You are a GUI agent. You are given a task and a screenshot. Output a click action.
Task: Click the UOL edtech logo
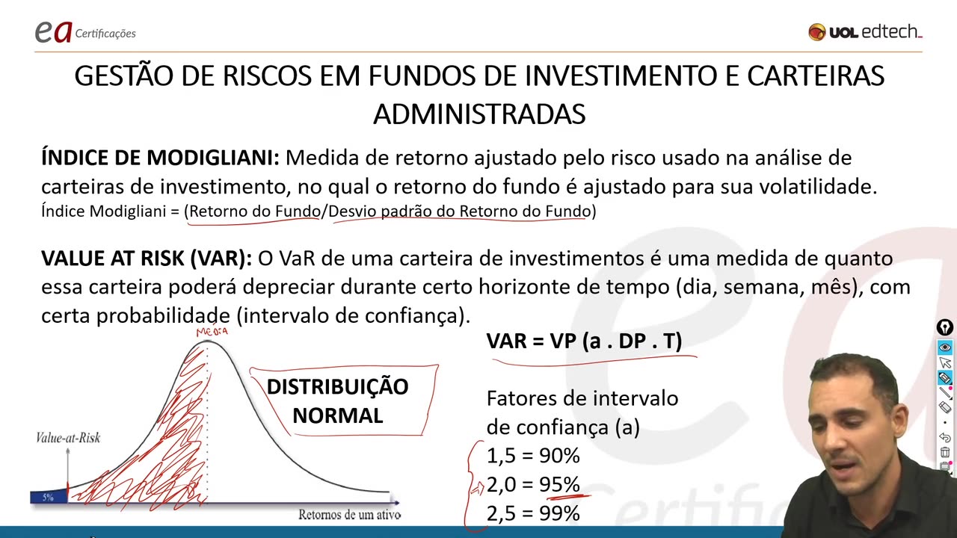(865, 32)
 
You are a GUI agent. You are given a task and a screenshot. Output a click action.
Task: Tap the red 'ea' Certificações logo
(54, 31)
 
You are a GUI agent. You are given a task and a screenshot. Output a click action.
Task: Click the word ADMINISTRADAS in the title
(478, 114)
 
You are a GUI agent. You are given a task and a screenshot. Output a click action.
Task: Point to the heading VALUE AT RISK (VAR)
(147, 259)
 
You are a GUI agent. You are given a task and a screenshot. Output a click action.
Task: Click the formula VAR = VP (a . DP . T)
(584, 341)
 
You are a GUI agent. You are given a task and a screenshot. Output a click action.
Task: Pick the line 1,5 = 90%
(533, 456)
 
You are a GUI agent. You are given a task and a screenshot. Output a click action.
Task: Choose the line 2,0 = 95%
(533, 485)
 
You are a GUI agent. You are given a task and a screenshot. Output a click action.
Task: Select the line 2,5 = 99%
(533, 513)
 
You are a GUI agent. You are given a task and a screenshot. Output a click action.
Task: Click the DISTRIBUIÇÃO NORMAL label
(337, 401)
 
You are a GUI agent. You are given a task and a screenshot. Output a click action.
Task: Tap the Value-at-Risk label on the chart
(68, 438)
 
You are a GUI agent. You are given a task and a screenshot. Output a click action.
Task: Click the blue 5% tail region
(48, 497)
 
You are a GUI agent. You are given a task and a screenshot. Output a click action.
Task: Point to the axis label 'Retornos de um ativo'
(349, 514)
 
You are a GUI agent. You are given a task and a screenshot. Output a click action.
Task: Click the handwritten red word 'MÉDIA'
(212, 332)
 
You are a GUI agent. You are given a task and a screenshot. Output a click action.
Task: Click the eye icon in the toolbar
(945, 347)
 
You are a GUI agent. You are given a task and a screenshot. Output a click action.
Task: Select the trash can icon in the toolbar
(945, 453)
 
